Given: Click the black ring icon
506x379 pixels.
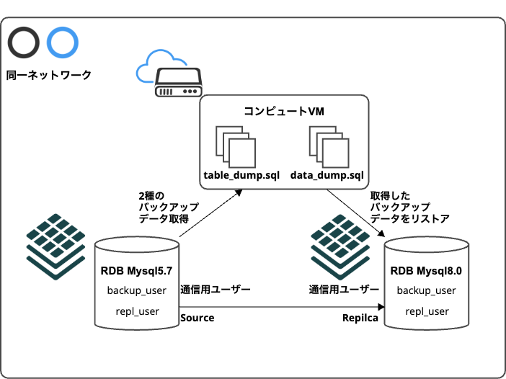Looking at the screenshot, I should click(23, 43).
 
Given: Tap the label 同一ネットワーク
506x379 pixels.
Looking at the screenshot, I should click(48, 75).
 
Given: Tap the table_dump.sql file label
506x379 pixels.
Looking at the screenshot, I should click(236, 176).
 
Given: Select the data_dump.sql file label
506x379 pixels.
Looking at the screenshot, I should click(327, 176).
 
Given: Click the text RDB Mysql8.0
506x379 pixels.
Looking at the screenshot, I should click(425, 272).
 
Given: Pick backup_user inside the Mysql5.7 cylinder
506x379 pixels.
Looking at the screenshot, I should click(137, 291).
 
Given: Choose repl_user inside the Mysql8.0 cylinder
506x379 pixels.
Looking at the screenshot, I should click(427, 311).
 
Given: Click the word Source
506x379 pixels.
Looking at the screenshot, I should click(197, 318).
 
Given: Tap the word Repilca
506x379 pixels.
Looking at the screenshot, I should click(360, 318).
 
